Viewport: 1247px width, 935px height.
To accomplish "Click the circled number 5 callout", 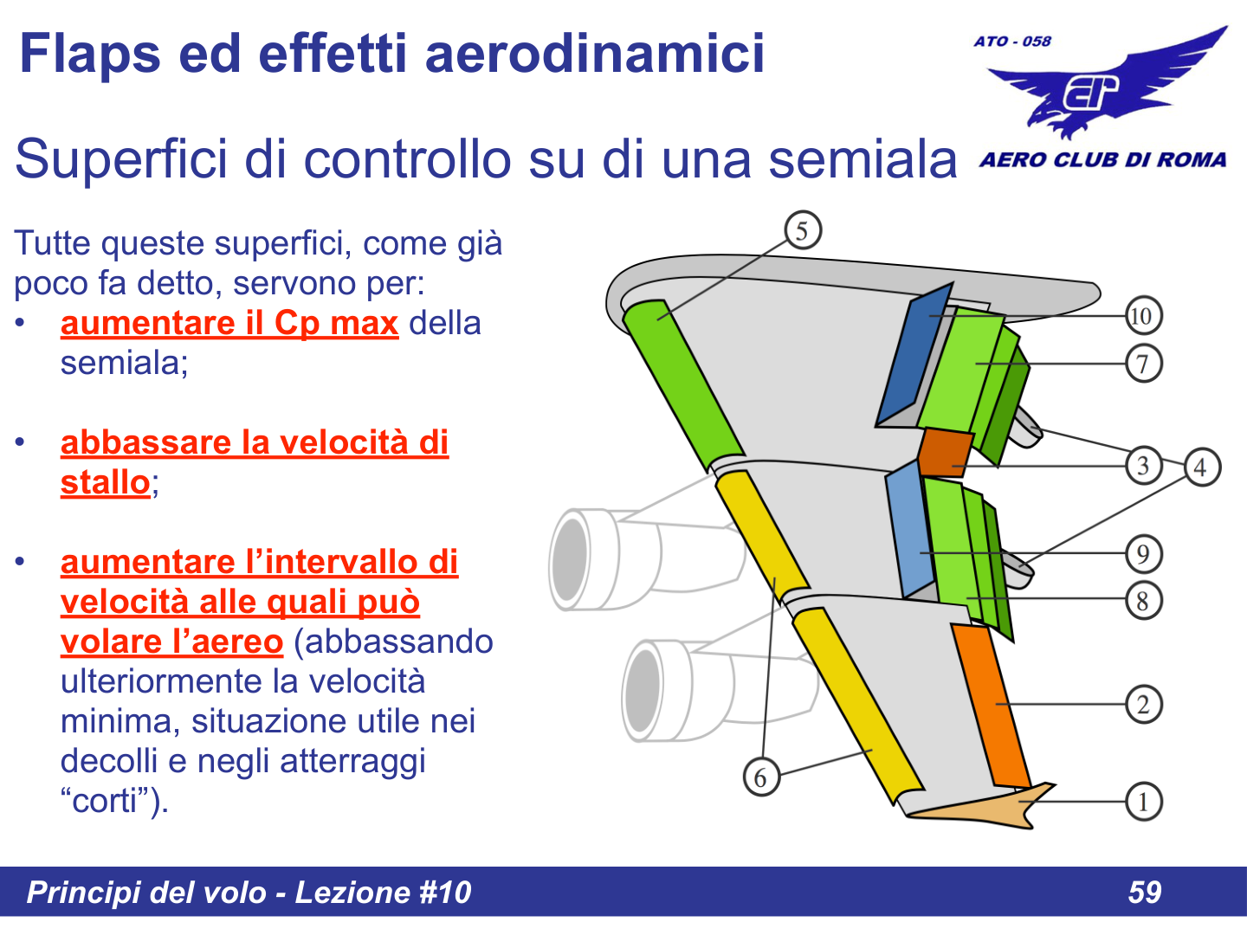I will click(803, 231).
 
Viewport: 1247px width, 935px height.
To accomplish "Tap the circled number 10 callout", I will click(1143, 316).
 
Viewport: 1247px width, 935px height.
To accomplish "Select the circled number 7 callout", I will click(1143, 364).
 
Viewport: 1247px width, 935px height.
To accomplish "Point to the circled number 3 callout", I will click(1143, 466).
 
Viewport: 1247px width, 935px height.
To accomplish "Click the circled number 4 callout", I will click(1200, 467).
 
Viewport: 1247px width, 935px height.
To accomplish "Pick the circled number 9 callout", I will click(1143, 554).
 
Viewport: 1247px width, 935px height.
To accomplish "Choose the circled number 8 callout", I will click(1143, 600).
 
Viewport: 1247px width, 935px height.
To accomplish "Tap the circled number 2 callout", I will click(1143, 704).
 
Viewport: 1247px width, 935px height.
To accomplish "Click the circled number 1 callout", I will click(1143, 802).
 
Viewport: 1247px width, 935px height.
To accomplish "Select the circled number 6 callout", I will click(761, 777).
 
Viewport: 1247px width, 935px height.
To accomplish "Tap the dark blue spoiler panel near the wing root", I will click(913, 355).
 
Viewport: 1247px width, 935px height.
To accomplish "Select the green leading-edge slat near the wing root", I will click(684, 381).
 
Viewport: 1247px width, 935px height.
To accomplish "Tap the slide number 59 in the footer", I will click(1144, 892).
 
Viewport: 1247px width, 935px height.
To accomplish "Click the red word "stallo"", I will click(105, 482).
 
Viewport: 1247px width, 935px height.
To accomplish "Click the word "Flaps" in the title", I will click(90, 54).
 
